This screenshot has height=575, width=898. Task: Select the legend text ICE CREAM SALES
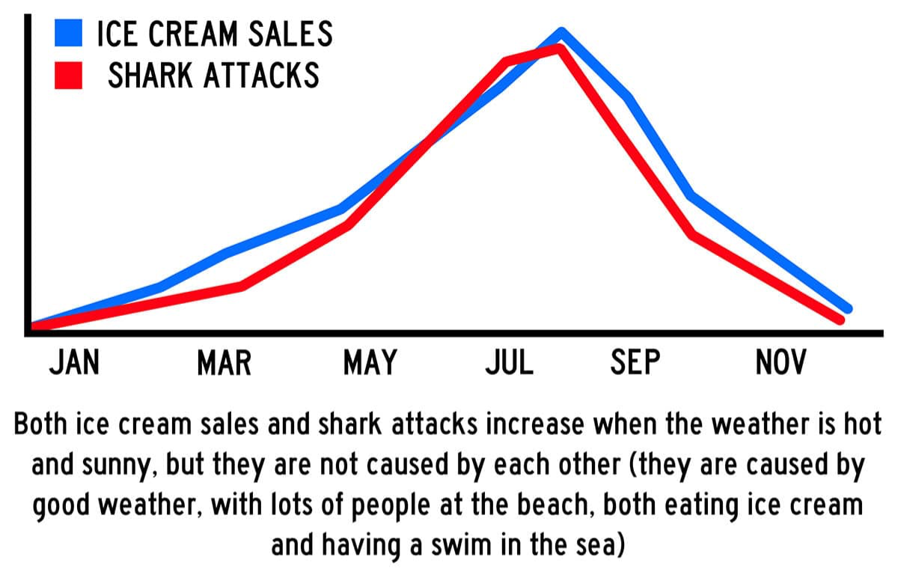[x=215, y=34]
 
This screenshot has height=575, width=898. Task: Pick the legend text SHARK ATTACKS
[x=213, y=75]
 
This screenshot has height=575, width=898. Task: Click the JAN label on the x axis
[x=74, y=363]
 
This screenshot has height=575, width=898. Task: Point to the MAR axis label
[x=224, y=363]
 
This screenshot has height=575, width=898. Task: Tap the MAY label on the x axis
[x=370, y=363]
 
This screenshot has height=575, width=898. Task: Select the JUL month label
[x=510, y=363]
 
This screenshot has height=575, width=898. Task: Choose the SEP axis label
[x=636, y=363]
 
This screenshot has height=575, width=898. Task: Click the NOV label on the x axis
[x=781, y=363]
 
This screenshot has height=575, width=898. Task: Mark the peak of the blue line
[x=561, y=32]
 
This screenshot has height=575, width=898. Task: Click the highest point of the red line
[x=558, y=48]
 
